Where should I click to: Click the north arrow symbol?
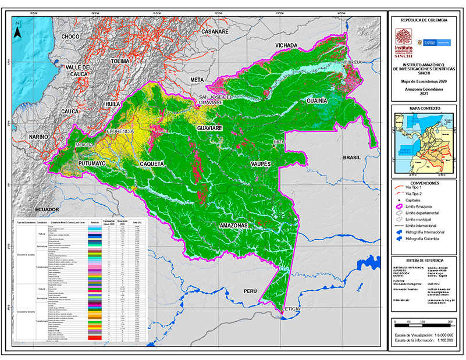tap(18, 30)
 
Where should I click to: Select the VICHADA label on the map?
tap(287, 45)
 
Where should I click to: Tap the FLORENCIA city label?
tap(120, 132)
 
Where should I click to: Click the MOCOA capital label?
tap(84, 144)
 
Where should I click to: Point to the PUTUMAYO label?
tap(92, 165)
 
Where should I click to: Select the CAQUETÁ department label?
tap(152, 165)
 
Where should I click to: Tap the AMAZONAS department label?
tap(234, 225)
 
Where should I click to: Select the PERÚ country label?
tap(250, 290)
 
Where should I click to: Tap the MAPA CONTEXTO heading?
tap(424, 109)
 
